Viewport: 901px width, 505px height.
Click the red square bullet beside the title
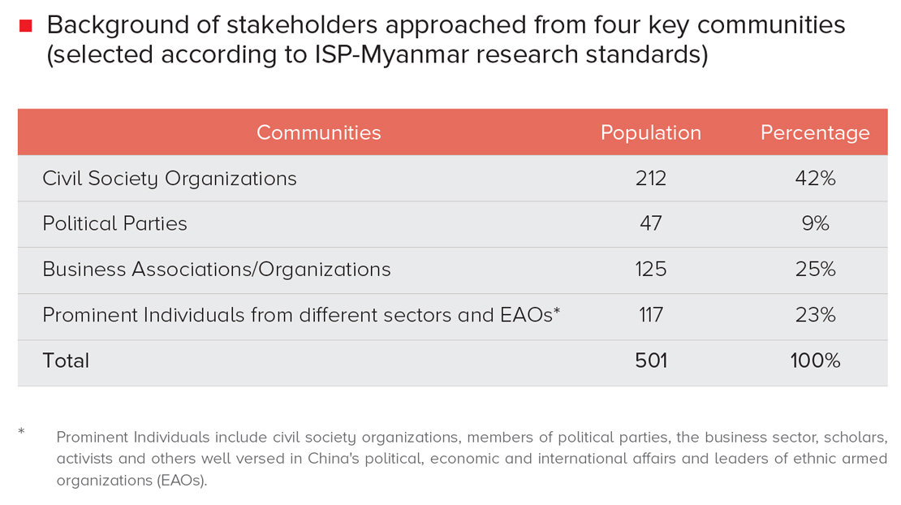pyautogui.click(x=26, y=26)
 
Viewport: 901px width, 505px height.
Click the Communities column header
pyautogui.click(x=318, y=132)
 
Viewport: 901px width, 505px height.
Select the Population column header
pyautogui.click(x=650, y=132)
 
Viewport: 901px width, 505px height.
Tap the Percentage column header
pyautogui.click(x=814, y=132)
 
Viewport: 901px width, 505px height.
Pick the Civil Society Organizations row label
pyautogui.click(x=170, y=179)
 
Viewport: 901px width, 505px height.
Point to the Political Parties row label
pyautogui.click(x=114, y=224)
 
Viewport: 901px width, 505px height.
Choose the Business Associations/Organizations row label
pyautogui.click(x=217, y=270)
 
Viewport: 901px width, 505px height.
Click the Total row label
pyautogui.click(x=66, y=360)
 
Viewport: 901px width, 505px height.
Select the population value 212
pyautogui.click(x=650, y=179)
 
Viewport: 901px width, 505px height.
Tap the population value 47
pyautogui.click(x=650, y=224)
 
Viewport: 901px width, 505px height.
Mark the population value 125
pyautogui.click(x=650, y=270)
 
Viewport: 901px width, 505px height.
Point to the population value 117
pyautogui.click(x=650, y=315)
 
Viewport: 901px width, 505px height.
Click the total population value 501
pyautogui.click(x=650, y=360)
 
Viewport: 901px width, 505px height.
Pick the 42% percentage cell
pyautogui.click(x=815, y=179)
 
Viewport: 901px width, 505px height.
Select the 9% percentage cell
pyautogui.click(x=815, y=224)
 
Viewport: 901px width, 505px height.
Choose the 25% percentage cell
pyautogui.click(x=815, y=270)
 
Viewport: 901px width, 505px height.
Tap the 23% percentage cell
pyautogui.click(x=815, y=315)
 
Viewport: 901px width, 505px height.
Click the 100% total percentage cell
pyautogui.click(x=815, y=360)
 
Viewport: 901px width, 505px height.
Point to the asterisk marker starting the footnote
pyautogui.click(x=22, y=431)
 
